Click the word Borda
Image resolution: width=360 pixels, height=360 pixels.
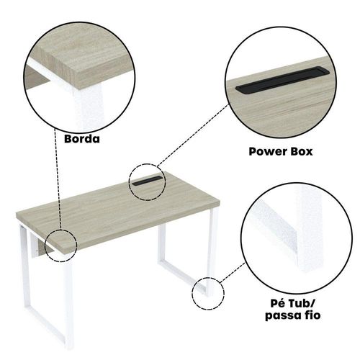(82, 139)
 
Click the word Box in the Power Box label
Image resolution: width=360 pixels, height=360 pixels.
(302, 152)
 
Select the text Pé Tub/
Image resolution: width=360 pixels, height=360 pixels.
(292, 303)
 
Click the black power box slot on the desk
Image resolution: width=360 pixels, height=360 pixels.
(147, 181)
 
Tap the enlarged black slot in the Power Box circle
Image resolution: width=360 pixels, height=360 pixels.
(282, 80)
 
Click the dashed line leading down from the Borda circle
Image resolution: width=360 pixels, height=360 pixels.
(58, 179)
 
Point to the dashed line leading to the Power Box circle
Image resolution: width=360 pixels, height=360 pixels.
(194, 135)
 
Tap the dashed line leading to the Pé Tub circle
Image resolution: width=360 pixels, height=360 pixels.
(232, 273)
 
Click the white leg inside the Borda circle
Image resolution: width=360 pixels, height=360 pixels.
(89, 107)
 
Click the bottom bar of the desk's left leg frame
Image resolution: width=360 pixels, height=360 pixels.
(45, 324)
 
